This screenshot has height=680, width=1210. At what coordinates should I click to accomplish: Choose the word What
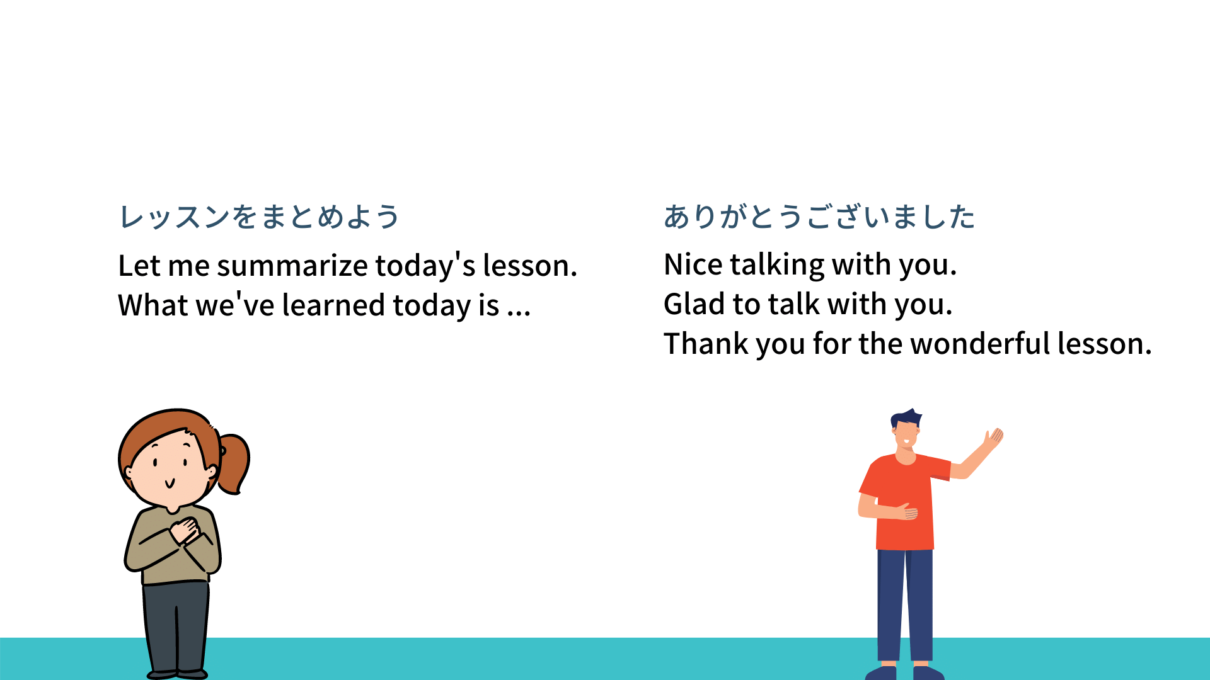(x=153, y=305)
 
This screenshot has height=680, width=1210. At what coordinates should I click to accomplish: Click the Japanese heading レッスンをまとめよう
(x=259, y=217)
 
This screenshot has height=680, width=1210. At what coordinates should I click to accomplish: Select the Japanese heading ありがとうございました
(x=819, y=217)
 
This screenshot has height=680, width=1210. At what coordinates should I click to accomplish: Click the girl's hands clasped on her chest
(x=185, y=531)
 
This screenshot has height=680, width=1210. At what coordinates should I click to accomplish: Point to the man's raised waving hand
(x=993, y=438)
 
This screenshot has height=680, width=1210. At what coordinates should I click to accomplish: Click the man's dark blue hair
(x=906, y=418)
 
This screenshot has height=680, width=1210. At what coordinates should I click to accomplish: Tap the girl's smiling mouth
(x=170, y=484)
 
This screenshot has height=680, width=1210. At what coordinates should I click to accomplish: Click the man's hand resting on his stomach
(x=908, y=512)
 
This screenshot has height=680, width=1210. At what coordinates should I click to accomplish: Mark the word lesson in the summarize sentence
(x=529, y=266)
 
